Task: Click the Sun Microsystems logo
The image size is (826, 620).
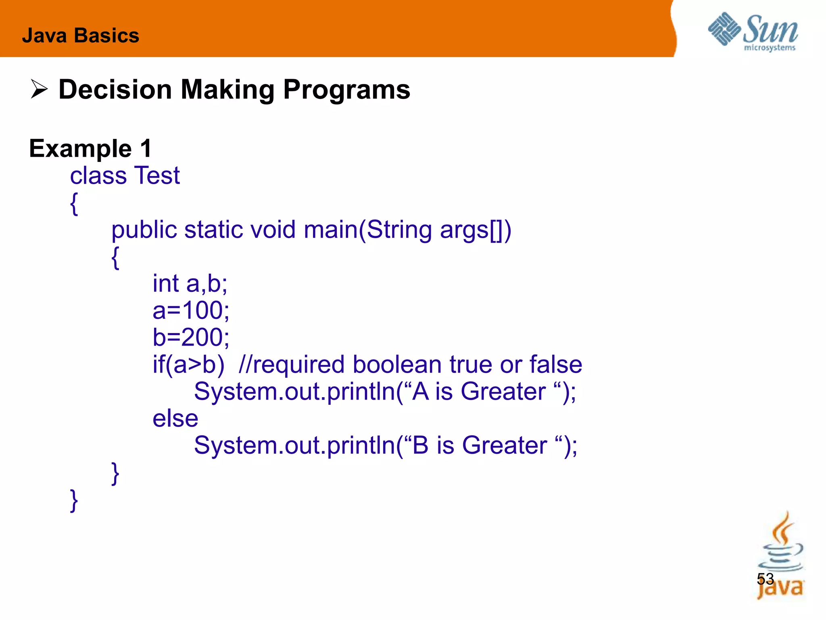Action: [x=753, y=31]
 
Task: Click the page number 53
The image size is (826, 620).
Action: [x=765, y=579]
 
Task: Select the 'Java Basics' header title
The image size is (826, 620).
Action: [x=80, y=36]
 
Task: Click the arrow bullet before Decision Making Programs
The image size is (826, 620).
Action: [x=39, y=89]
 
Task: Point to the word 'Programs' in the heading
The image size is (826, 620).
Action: [x=346, y=89]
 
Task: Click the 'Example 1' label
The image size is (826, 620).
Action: [x=90, y=149]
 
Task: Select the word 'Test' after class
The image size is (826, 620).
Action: [x=156, y=176]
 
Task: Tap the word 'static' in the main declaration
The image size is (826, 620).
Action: [x=214, y=230]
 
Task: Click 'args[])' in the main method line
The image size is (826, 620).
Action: [x=475, y=230]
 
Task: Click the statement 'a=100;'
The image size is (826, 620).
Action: [x=191, y=310]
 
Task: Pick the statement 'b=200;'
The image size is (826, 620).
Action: [x=191, y=337]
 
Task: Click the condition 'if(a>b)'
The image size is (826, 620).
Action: [x=188, y=364]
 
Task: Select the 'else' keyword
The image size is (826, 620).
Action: [x=175, y=419]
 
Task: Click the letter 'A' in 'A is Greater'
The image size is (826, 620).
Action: [x=421, y=392]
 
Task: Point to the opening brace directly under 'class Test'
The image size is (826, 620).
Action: [x=74, y=203]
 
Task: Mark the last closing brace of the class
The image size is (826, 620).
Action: [x=74, y=501]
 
